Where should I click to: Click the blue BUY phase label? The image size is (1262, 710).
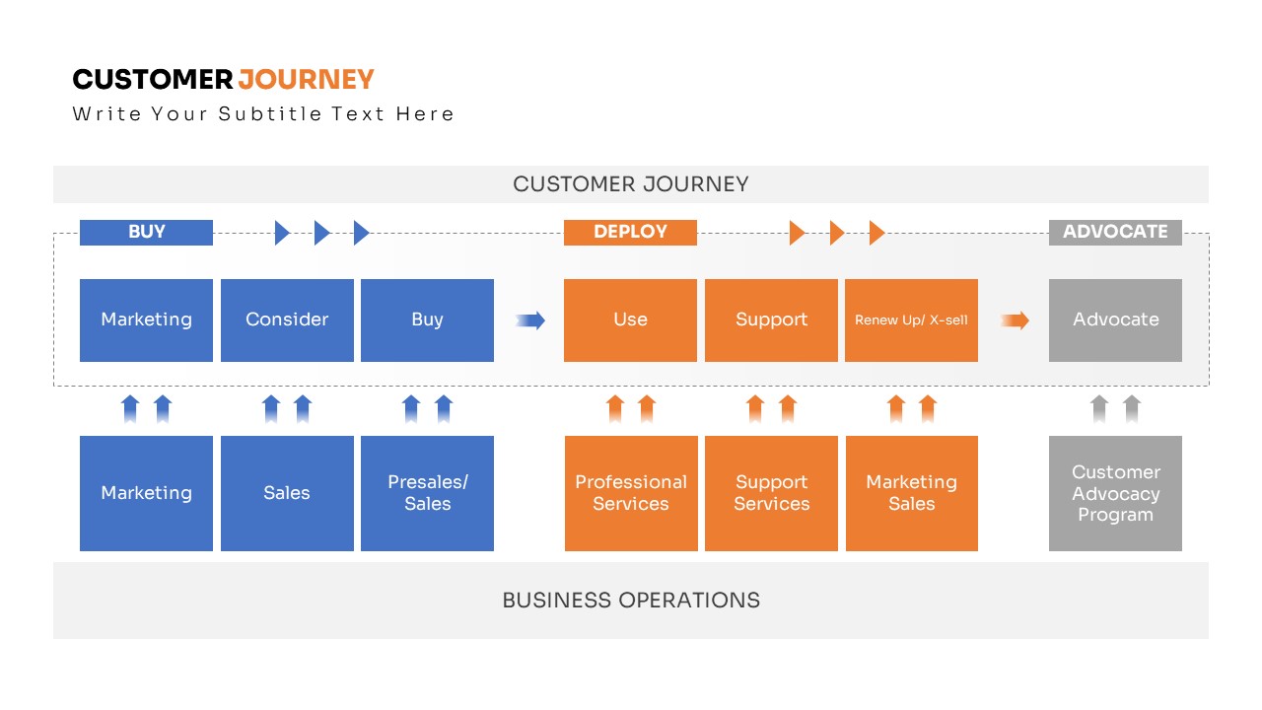(146, 233)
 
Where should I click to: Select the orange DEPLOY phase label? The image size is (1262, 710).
(630, 233)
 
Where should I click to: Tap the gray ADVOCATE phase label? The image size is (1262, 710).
(1115, 233)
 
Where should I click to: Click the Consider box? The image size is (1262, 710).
(287, 320)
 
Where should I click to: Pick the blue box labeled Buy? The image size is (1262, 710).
(427, 320)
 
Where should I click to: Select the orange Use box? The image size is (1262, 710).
(630, 320)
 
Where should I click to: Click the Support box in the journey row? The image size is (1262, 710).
(771, 320)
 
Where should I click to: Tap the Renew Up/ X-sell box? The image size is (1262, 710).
(911, 320)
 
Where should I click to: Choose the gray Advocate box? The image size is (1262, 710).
(1115, 320)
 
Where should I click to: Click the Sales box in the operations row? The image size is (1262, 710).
(287, 493)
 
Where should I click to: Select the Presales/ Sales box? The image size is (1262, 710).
(427, 493)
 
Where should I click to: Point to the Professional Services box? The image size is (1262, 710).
(631, 493)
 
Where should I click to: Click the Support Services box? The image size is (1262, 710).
(771, 493)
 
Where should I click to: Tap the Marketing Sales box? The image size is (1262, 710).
(912, 493)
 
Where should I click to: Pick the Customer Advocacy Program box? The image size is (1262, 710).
(1115, 493)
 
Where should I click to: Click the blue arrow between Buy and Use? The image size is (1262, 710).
(530, 319)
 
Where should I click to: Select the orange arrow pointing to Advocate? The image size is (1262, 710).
(1015, 319)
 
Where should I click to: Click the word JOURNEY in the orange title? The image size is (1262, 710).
(307, 79)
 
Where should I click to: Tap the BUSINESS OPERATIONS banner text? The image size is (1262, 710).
(631, 601)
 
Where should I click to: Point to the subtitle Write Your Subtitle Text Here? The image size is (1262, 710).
(263, 114)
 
